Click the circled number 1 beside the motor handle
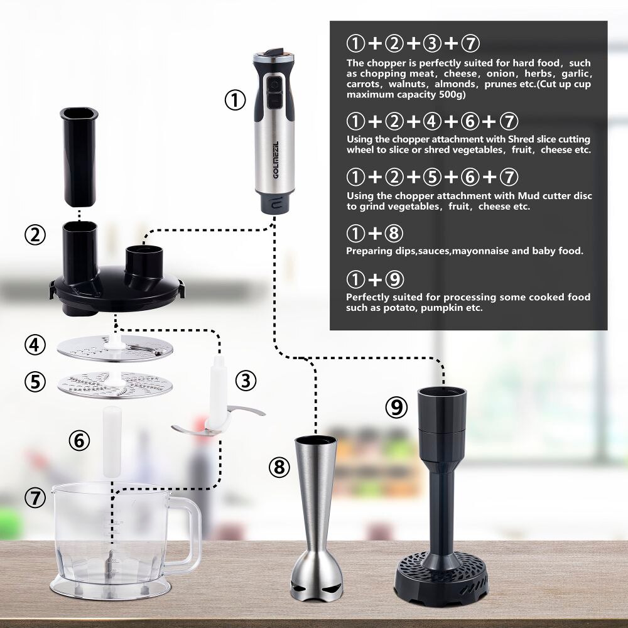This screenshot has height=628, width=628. pos(235,100)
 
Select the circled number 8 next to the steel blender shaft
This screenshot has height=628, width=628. pos(279,467)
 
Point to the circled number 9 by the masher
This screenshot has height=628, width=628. pos(396,408)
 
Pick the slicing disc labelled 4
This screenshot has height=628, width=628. pos(115,349)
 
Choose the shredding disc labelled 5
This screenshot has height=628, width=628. pos(115,384)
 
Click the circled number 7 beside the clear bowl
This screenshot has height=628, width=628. pos(35,498)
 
